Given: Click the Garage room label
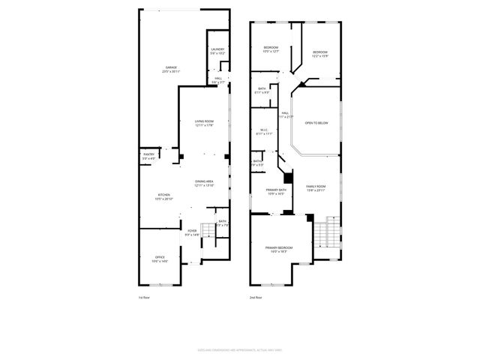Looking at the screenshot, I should (x=171, y=69).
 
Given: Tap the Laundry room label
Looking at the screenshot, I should (x=217, y=51).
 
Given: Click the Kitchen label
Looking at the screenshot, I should (x=163, y=197).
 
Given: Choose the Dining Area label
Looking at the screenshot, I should (x=205, y=183).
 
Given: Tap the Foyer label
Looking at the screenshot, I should (x=192, y=233).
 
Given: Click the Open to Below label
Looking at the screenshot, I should (x=316, y=122).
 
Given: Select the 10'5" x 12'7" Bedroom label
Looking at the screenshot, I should (x=271, y=49).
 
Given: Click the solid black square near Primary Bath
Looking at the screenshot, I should (x=288, y=181).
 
